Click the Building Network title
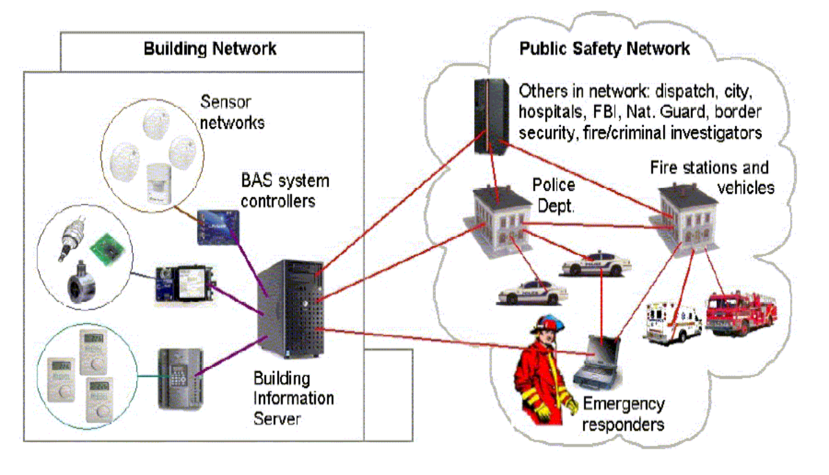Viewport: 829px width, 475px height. tap(210, 49)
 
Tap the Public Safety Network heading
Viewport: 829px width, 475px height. tap(604, 49)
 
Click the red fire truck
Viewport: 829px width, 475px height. tap(741, 315)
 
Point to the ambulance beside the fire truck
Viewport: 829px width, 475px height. tap(672, 321)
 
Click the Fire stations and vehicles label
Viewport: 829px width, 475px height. tap(712, 178)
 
